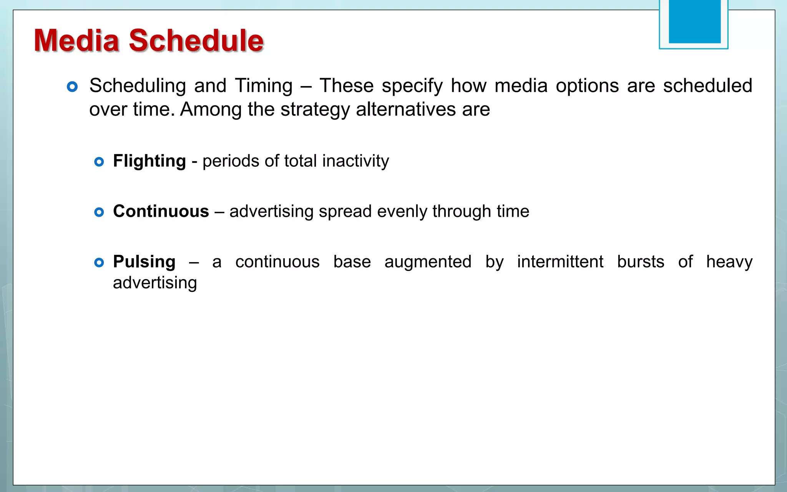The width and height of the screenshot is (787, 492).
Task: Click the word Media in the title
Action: (76, 40)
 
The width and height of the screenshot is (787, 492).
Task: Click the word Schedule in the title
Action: (196, 40)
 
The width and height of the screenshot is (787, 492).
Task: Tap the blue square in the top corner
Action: (694, 22)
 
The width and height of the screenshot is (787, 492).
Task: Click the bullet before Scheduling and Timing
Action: (72, 86)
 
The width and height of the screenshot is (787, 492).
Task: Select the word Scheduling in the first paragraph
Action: (138, 86)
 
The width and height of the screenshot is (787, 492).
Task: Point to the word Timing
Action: (264, 86)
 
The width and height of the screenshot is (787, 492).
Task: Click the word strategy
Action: (315, 110)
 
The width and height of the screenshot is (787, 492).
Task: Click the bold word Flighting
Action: (149, 161)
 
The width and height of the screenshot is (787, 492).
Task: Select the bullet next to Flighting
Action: (99, 162)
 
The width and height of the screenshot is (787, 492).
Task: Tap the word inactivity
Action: (355, 161)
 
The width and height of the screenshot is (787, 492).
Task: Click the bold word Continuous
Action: (161, 211)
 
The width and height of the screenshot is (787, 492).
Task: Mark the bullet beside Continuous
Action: (99, 212)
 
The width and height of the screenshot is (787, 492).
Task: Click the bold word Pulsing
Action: (144, 262)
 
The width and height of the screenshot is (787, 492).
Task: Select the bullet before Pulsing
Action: (99, 263)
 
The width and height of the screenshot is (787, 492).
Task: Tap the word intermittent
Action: (560, 262)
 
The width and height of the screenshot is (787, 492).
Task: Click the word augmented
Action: (428, 262)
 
